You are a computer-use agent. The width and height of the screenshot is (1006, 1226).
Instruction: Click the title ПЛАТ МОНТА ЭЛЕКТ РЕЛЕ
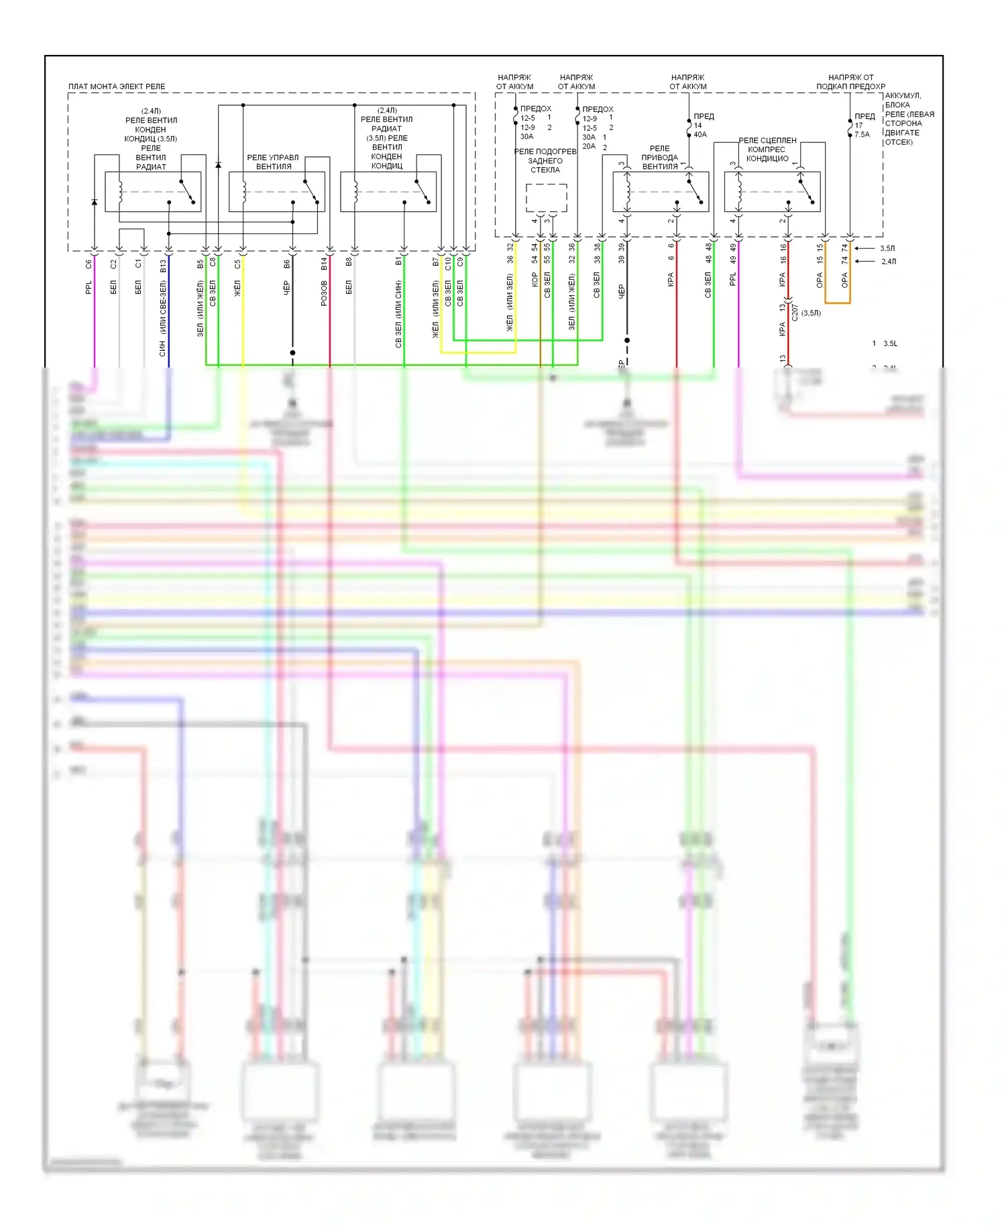(116, 87)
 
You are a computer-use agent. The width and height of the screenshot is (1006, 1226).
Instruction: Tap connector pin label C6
(89, 264)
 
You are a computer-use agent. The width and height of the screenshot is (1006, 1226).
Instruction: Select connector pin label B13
(163, 266)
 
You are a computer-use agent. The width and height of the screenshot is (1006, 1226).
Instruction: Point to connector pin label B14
(324, 264)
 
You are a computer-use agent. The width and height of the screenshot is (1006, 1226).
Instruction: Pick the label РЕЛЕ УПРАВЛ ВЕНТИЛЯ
(273, 162)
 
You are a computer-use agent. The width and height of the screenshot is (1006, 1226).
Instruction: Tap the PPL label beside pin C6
(89, 288)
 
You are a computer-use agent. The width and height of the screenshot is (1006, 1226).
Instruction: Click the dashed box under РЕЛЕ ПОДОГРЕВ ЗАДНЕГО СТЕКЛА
(546, 197)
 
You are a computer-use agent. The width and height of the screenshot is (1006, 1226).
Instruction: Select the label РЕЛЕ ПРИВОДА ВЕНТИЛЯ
(660, 158)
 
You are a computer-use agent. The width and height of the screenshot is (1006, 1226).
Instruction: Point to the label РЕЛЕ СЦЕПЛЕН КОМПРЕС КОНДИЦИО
(767, 150)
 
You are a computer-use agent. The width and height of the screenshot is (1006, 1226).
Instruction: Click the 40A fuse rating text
(700, 135)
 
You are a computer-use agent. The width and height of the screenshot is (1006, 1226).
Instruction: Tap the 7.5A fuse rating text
(862, 135)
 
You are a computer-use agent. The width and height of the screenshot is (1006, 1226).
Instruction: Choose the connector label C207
(795, 313)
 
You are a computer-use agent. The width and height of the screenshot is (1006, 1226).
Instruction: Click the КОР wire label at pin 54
(535, 279)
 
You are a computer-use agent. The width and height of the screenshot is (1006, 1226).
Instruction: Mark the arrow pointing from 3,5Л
(867, 249)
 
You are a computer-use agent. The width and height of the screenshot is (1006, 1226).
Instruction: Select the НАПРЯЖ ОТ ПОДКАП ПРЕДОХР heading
(850, 82)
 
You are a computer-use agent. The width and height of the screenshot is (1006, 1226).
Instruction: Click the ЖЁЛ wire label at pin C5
(237, 289)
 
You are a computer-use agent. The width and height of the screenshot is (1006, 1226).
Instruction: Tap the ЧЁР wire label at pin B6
(287, 288)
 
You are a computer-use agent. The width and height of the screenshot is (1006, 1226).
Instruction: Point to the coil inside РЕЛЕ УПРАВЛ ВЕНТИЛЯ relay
(244, 192)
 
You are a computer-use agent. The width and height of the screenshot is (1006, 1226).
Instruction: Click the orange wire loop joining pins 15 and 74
(838, 302)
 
